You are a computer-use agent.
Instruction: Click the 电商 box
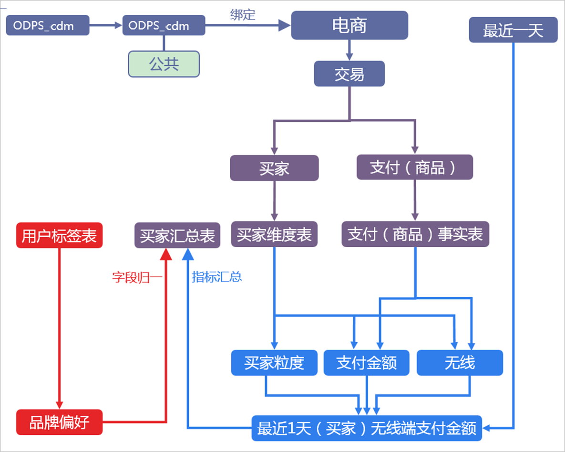click(x=349, y=25)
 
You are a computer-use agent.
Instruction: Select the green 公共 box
click(x=164, y=64)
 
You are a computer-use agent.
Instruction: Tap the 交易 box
click(x=349, y=74)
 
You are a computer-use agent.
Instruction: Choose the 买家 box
click(x=274, y=168)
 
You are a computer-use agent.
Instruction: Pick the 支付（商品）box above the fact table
click(x=414, y=168)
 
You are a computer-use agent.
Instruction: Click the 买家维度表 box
click(x=274, y=234)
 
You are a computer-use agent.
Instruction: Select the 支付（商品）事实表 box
click(x=415, y=234)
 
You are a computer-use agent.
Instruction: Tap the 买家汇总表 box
click(x=177, y=236)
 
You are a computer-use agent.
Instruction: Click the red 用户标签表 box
click(x=60, y=236)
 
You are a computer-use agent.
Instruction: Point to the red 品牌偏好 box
click(x=60, y=422)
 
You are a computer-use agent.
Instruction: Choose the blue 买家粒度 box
click(x=274, y=363)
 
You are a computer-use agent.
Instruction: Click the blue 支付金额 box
click(x=366, y=363)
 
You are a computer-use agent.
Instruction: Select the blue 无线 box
click(x=460, y=363)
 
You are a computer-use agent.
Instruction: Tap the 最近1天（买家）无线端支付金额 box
click(x=367, y=428)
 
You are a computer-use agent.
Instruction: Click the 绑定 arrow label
click(x=243, y=15)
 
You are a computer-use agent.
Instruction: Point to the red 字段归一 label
click(x=137, y=277)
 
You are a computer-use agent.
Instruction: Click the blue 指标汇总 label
click(x=217, y=277)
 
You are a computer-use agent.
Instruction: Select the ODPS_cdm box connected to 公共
click(x=164, y=25)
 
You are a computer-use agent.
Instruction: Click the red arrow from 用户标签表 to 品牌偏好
click(x=60, y=329)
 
